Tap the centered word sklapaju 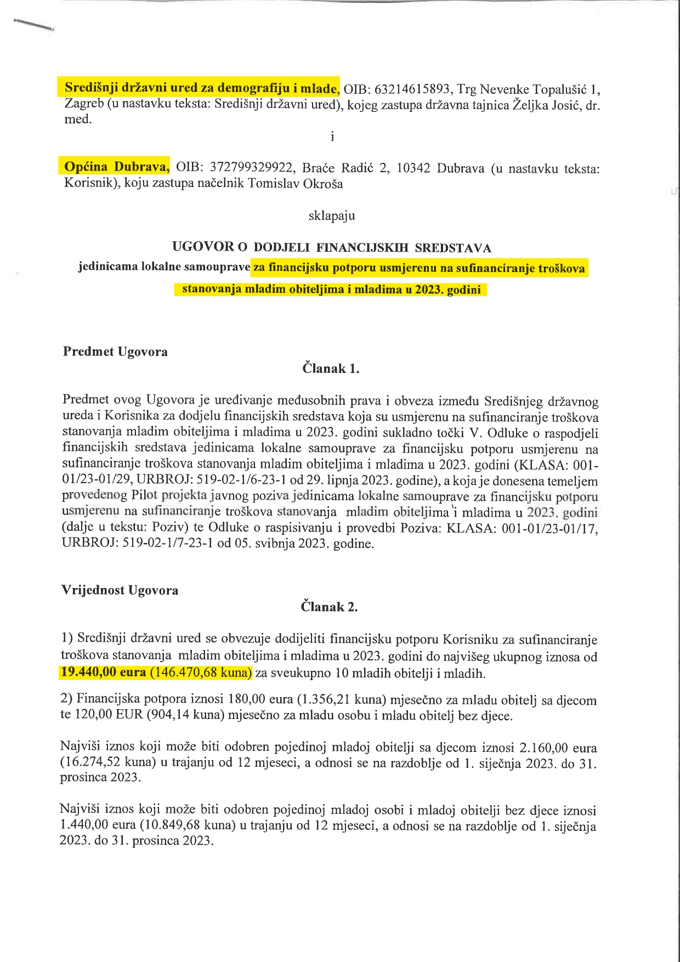(332, 216)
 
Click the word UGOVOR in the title (202, 247)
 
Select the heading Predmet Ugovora (115, 352)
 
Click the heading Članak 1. (331, 369)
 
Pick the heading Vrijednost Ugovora (120, 590)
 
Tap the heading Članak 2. (329, 607)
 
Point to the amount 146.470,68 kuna (200, 672)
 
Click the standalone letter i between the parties (332, 136)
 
